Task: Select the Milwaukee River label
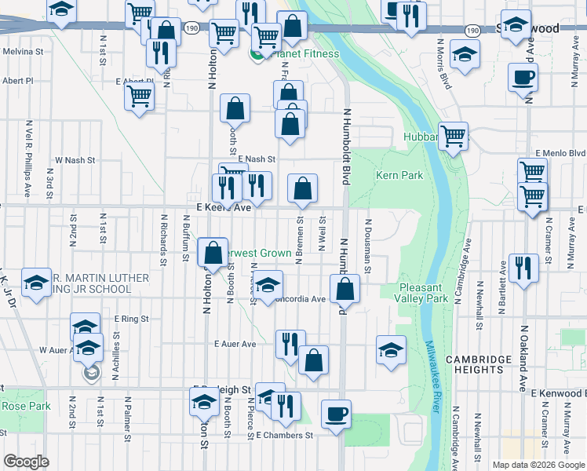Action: click(x=432, y=377)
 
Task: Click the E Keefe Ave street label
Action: click(x=223, y=207)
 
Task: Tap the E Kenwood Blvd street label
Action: click(x=559, y=392)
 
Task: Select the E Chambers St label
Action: click(x=284, y=435)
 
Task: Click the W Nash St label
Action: click(x=75, y=159)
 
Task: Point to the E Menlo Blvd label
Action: click(x=560, y=152)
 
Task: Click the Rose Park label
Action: click(x=26, y=406)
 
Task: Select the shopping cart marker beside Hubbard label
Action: click(x=454, y=137)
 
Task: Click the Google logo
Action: click(x=26, y=462)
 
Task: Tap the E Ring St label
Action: click(x=131, y=319)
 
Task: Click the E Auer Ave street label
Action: click(x=235, y=344)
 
